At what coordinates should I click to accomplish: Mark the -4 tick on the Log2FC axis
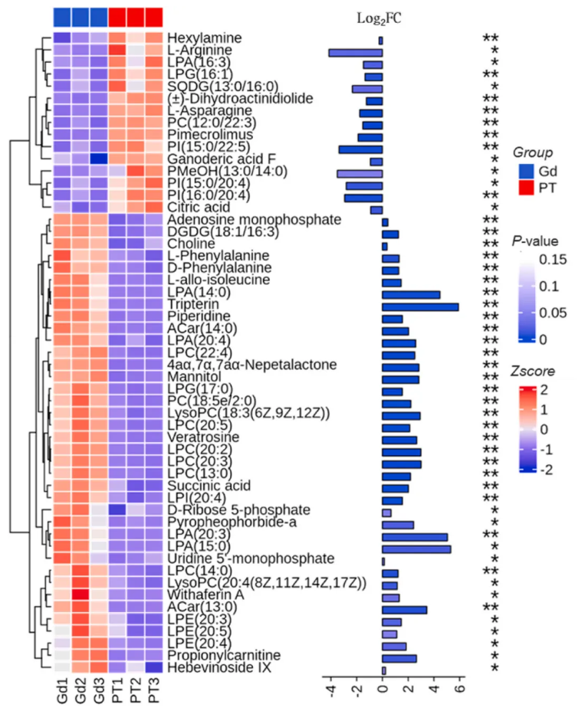(330, 693)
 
